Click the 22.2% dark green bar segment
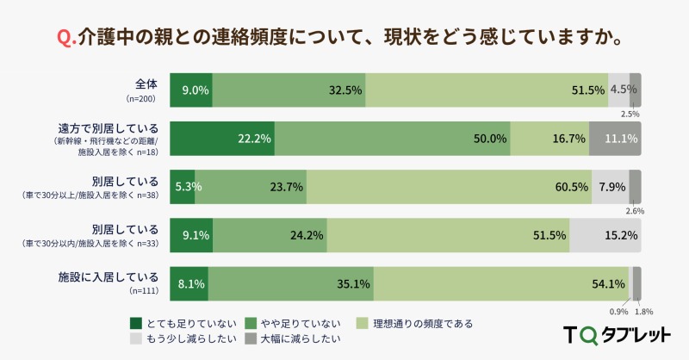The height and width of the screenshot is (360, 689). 222,139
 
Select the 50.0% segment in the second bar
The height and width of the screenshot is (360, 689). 393,139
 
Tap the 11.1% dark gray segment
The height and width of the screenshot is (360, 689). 615,139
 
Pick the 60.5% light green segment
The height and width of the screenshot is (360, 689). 449,187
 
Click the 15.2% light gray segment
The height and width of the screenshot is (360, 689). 605,235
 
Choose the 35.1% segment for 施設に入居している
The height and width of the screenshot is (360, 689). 291,283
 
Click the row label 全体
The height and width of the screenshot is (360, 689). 146,84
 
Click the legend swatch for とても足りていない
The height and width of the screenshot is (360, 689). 136,324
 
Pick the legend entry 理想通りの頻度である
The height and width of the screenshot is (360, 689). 422,324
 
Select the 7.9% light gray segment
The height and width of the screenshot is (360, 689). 610,187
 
